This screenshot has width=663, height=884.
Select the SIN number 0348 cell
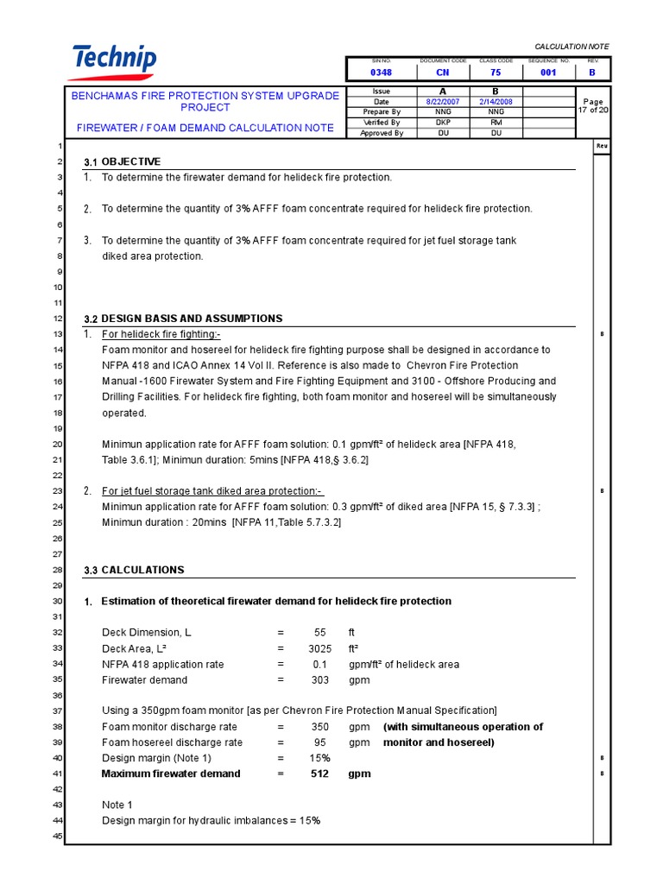381,73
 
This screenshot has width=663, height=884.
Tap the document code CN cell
443,73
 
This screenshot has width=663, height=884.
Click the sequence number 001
548,73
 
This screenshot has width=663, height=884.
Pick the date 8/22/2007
443,102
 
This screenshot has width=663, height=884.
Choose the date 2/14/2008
496,102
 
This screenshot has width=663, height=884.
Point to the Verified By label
382,123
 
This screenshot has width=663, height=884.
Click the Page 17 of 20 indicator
593,106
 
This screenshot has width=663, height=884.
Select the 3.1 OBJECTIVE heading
122,162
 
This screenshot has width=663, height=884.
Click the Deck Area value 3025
319,649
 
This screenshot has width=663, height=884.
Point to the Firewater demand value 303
319,680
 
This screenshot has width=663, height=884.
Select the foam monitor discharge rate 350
319,727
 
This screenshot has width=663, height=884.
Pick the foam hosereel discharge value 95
319,742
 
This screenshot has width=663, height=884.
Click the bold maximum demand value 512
319,773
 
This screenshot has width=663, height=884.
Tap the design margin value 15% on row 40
319,758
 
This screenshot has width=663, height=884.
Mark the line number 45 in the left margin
58,836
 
